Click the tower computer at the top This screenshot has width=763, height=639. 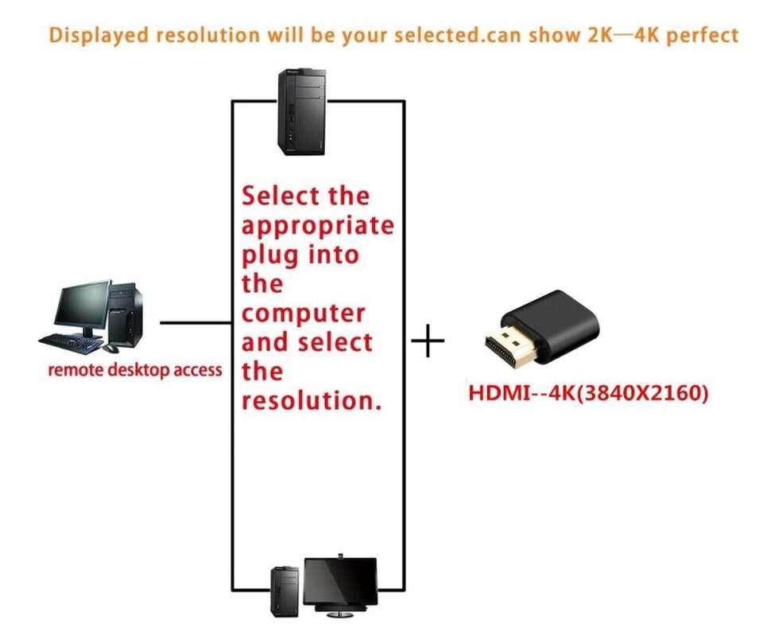tap(302, 112)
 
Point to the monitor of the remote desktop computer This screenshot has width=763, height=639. tap(82, 306)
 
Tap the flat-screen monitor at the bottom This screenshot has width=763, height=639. tap(342, 583)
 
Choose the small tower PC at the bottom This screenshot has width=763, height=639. tap(285, 590)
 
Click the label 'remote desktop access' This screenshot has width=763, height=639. tap(135, 369)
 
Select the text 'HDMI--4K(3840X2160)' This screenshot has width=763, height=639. tap(587, 393)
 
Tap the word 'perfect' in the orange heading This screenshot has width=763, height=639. tap(703, 36)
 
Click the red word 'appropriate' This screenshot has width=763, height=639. tap(317, 226)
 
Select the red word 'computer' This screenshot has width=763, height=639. tap(303, 313)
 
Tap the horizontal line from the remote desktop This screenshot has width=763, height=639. tap(195, 323)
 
